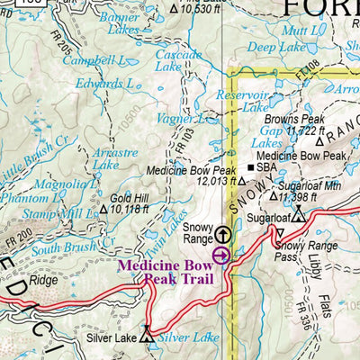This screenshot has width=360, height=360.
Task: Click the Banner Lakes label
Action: (119, 22)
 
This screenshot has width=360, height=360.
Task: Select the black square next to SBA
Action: (250, 166)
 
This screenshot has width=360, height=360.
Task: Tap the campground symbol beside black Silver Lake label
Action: (147, 332)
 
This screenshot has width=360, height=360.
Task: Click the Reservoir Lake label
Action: (243, 101)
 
